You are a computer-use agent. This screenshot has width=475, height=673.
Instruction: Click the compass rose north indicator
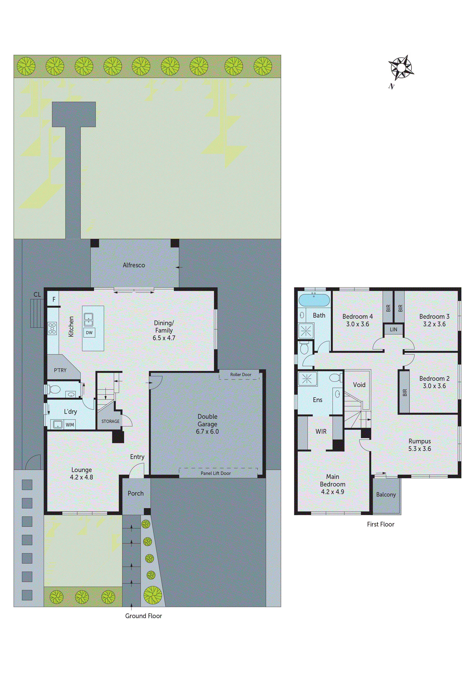click(x=401, y=68)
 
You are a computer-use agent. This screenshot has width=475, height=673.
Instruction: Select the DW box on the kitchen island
click(x=89, y=332)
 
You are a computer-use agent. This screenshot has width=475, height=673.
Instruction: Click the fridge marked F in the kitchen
click(x=54, y=299)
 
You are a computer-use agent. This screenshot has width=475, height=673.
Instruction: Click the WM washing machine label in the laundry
click(x=70, y=425)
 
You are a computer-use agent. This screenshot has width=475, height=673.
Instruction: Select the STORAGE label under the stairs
click(x=110, y=421)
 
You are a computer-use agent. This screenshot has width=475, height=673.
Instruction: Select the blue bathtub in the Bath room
click(x=314, y=300)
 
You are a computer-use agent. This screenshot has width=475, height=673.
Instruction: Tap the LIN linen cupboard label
click(x=393, y=329)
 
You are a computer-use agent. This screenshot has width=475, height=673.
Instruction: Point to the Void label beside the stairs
click(x=359, y=385)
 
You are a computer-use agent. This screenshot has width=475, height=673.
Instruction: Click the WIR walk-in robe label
click(x=321, y=431)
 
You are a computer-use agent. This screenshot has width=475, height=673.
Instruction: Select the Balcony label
click(x=386, y=495)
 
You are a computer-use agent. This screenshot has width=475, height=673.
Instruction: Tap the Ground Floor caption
click(x=143, y=616)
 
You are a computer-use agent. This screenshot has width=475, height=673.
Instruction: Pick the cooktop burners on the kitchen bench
click(x=52, y=328)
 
